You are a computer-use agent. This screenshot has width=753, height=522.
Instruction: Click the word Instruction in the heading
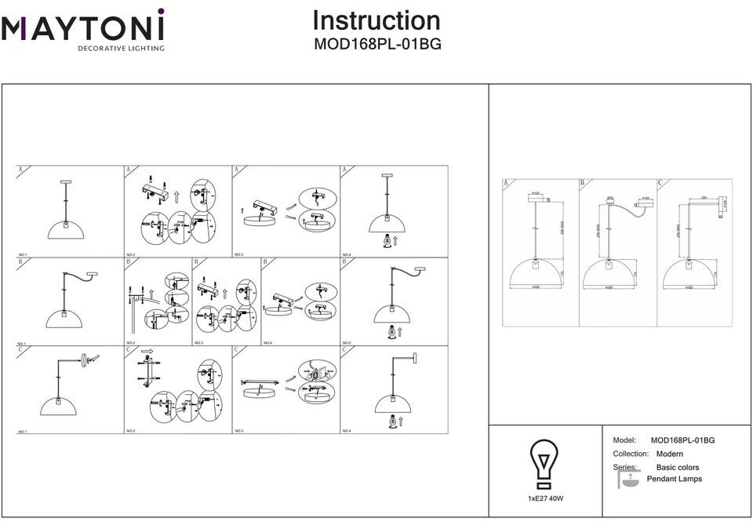(x=376, y=20)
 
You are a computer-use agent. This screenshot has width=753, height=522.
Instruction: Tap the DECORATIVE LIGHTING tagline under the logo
(x=120, y=49)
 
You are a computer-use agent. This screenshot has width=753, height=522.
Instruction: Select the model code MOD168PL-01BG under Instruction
(x=377, y=45)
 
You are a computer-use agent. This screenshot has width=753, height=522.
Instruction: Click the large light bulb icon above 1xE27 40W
(x=544, y=464)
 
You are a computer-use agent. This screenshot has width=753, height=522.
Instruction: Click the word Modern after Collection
(x=669, y=454)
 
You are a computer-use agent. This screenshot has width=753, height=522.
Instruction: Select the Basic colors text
(x=677, y=467)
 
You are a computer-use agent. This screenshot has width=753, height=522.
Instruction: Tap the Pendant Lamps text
(x=674, y=479)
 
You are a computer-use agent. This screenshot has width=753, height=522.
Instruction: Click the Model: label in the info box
(x=624, y=440)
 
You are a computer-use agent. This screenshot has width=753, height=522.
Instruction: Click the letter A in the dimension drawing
(x=506, y=183)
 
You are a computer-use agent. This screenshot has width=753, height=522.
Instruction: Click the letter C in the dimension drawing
(x=660, y=183)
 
